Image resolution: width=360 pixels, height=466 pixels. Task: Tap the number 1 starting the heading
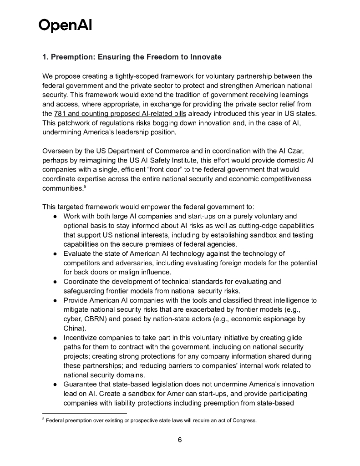(45, 57)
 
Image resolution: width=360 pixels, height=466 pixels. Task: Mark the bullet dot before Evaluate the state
(54, 254)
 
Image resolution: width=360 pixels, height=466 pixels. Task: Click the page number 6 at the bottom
(180, 440)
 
